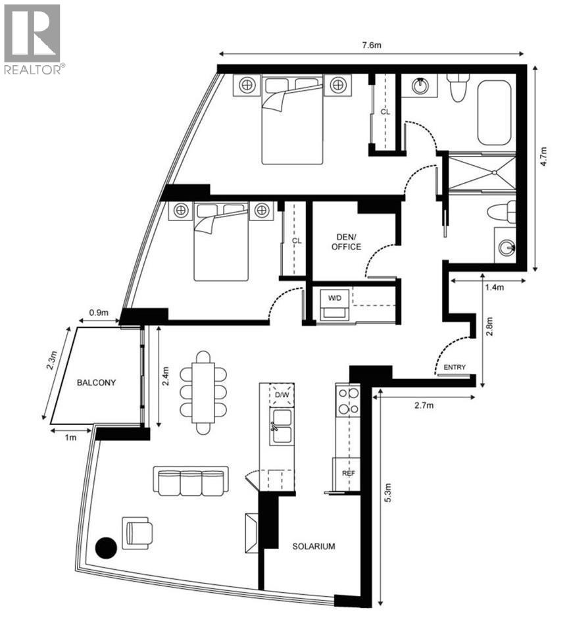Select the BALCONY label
pos(96,382)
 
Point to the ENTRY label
pos(455,367)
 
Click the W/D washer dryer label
pos(335,298)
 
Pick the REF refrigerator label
pos(348,473)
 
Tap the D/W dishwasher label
pos(282,395)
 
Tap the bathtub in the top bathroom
pos(494,113)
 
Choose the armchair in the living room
pos(137,532)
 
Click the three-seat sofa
pos(191,481)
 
